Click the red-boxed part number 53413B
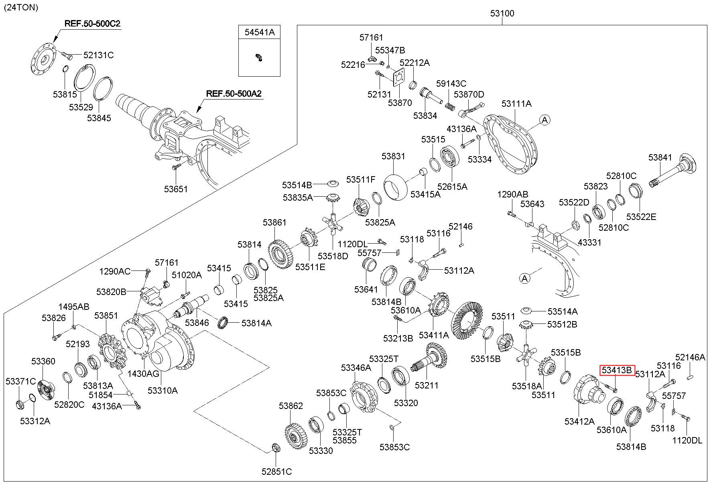[617, 370]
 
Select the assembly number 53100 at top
[502, 13]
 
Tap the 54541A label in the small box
[260, 33]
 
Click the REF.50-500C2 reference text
[92, 24]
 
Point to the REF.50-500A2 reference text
[234, 94]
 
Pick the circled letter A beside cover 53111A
[544, 120]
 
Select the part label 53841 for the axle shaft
[660, 158]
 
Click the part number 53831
[393, 156]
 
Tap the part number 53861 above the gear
[275, 222]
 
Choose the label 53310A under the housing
[163, 390]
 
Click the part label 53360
[43, 362]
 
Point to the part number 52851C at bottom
[277, 472]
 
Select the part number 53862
[291, 406]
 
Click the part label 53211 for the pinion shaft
[427, 385]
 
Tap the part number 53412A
[579, 421]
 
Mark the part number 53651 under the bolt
[176, 189]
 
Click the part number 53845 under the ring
[99, 118]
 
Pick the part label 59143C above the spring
[451, 84]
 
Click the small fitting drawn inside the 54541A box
[259, 57]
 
